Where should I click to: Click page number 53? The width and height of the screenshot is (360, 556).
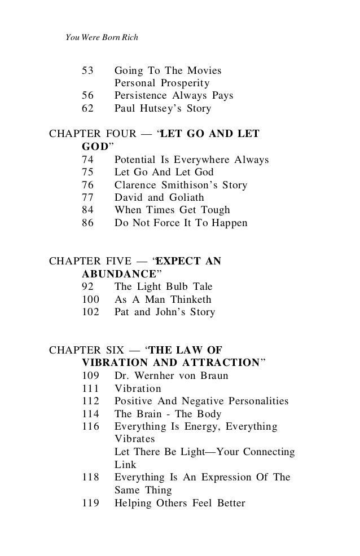[89, 71]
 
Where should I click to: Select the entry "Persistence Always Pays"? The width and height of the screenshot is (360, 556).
[174, 96]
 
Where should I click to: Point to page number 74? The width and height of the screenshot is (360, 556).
[89, 160]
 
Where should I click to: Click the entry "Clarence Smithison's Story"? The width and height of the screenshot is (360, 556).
[181, 185]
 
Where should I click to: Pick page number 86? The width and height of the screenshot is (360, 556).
[89, 223]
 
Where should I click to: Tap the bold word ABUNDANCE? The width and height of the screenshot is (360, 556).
[115, 275]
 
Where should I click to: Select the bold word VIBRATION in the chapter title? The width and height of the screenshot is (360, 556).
[115, 361]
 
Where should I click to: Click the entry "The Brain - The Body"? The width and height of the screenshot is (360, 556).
[169, 414]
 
